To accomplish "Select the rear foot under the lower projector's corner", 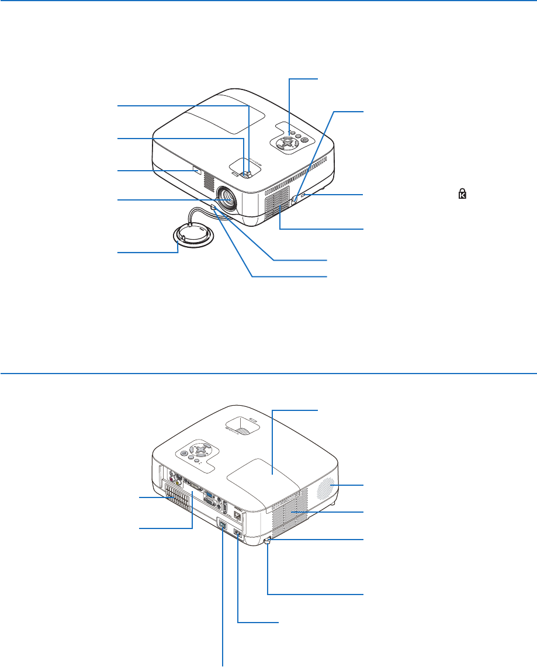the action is pyautogui.click(x=268, y=542).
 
